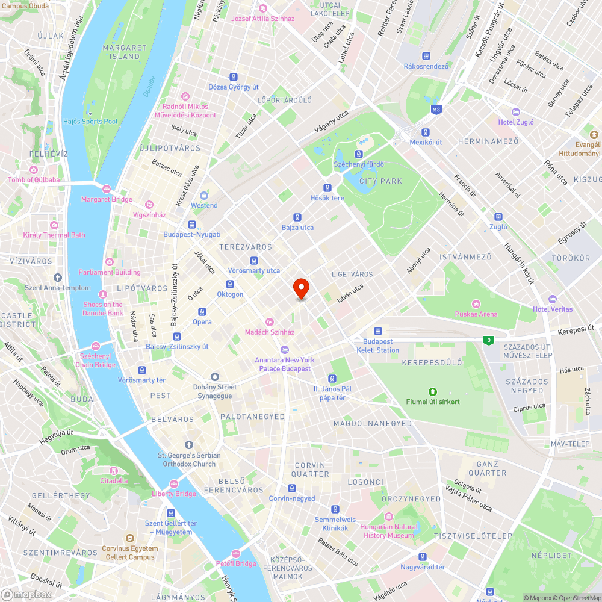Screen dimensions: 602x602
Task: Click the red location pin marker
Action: pos(301,288)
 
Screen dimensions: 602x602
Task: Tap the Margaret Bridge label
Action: pos(107,199)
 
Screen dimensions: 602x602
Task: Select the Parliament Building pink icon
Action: pos(109,261)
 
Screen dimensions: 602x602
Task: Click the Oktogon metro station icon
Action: pos(230,284)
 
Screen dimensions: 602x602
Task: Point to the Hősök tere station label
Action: pos(327,198)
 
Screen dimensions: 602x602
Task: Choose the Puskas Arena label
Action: pos(476,314)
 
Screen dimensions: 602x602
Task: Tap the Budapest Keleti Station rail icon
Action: pos(377,331)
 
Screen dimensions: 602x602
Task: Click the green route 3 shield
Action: pos(489,340)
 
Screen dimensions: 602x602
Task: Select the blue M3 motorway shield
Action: pos(436,110)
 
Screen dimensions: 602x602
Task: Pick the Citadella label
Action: pos(114,480)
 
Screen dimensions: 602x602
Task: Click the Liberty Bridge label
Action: pos(174,494)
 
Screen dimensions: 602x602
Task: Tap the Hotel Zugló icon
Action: pos(515,112)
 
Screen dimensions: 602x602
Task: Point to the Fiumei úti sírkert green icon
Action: pos(432,392)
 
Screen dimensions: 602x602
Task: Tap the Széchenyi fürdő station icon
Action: pos(359,155)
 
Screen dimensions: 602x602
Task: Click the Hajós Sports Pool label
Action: pos(90,122)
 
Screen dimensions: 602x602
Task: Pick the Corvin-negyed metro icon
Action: pos(292,488)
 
